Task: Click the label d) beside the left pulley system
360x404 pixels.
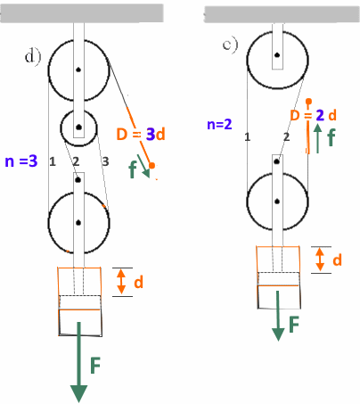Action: tap(33, 57)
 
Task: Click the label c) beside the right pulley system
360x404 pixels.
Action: tap(231, 45)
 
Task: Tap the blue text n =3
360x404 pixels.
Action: tap(21, 161)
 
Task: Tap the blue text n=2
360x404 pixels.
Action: tap(219, 124)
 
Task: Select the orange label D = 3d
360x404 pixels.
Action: tap(141, 135)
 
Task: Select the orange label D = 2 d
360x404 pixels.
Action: tap(314, 115)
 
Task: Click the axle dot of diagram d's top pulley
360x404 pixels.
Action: tap(78, 70)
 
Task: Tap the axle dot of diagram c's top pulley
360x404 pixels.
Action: tap(277, 55)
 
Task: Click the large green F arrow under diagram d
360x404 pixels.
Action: tap(79, 362)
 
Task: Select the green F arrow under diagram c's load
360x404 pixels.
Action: tap(278, 316)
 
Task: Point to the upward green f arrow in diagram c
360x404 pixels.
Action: tap(318, 138)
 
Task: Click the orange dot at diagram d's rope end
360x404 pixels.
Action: tap(151, 166)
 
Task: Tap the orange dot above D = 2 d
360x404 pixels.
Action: tap(308, 102)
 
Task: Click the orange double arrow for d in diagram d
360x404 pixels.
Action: tap(121, 282)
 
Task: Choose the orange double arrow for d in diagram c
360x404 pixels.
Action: tap(320, 260)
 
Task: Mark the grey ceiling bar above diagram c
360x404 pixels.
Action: tap(282, 14)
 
